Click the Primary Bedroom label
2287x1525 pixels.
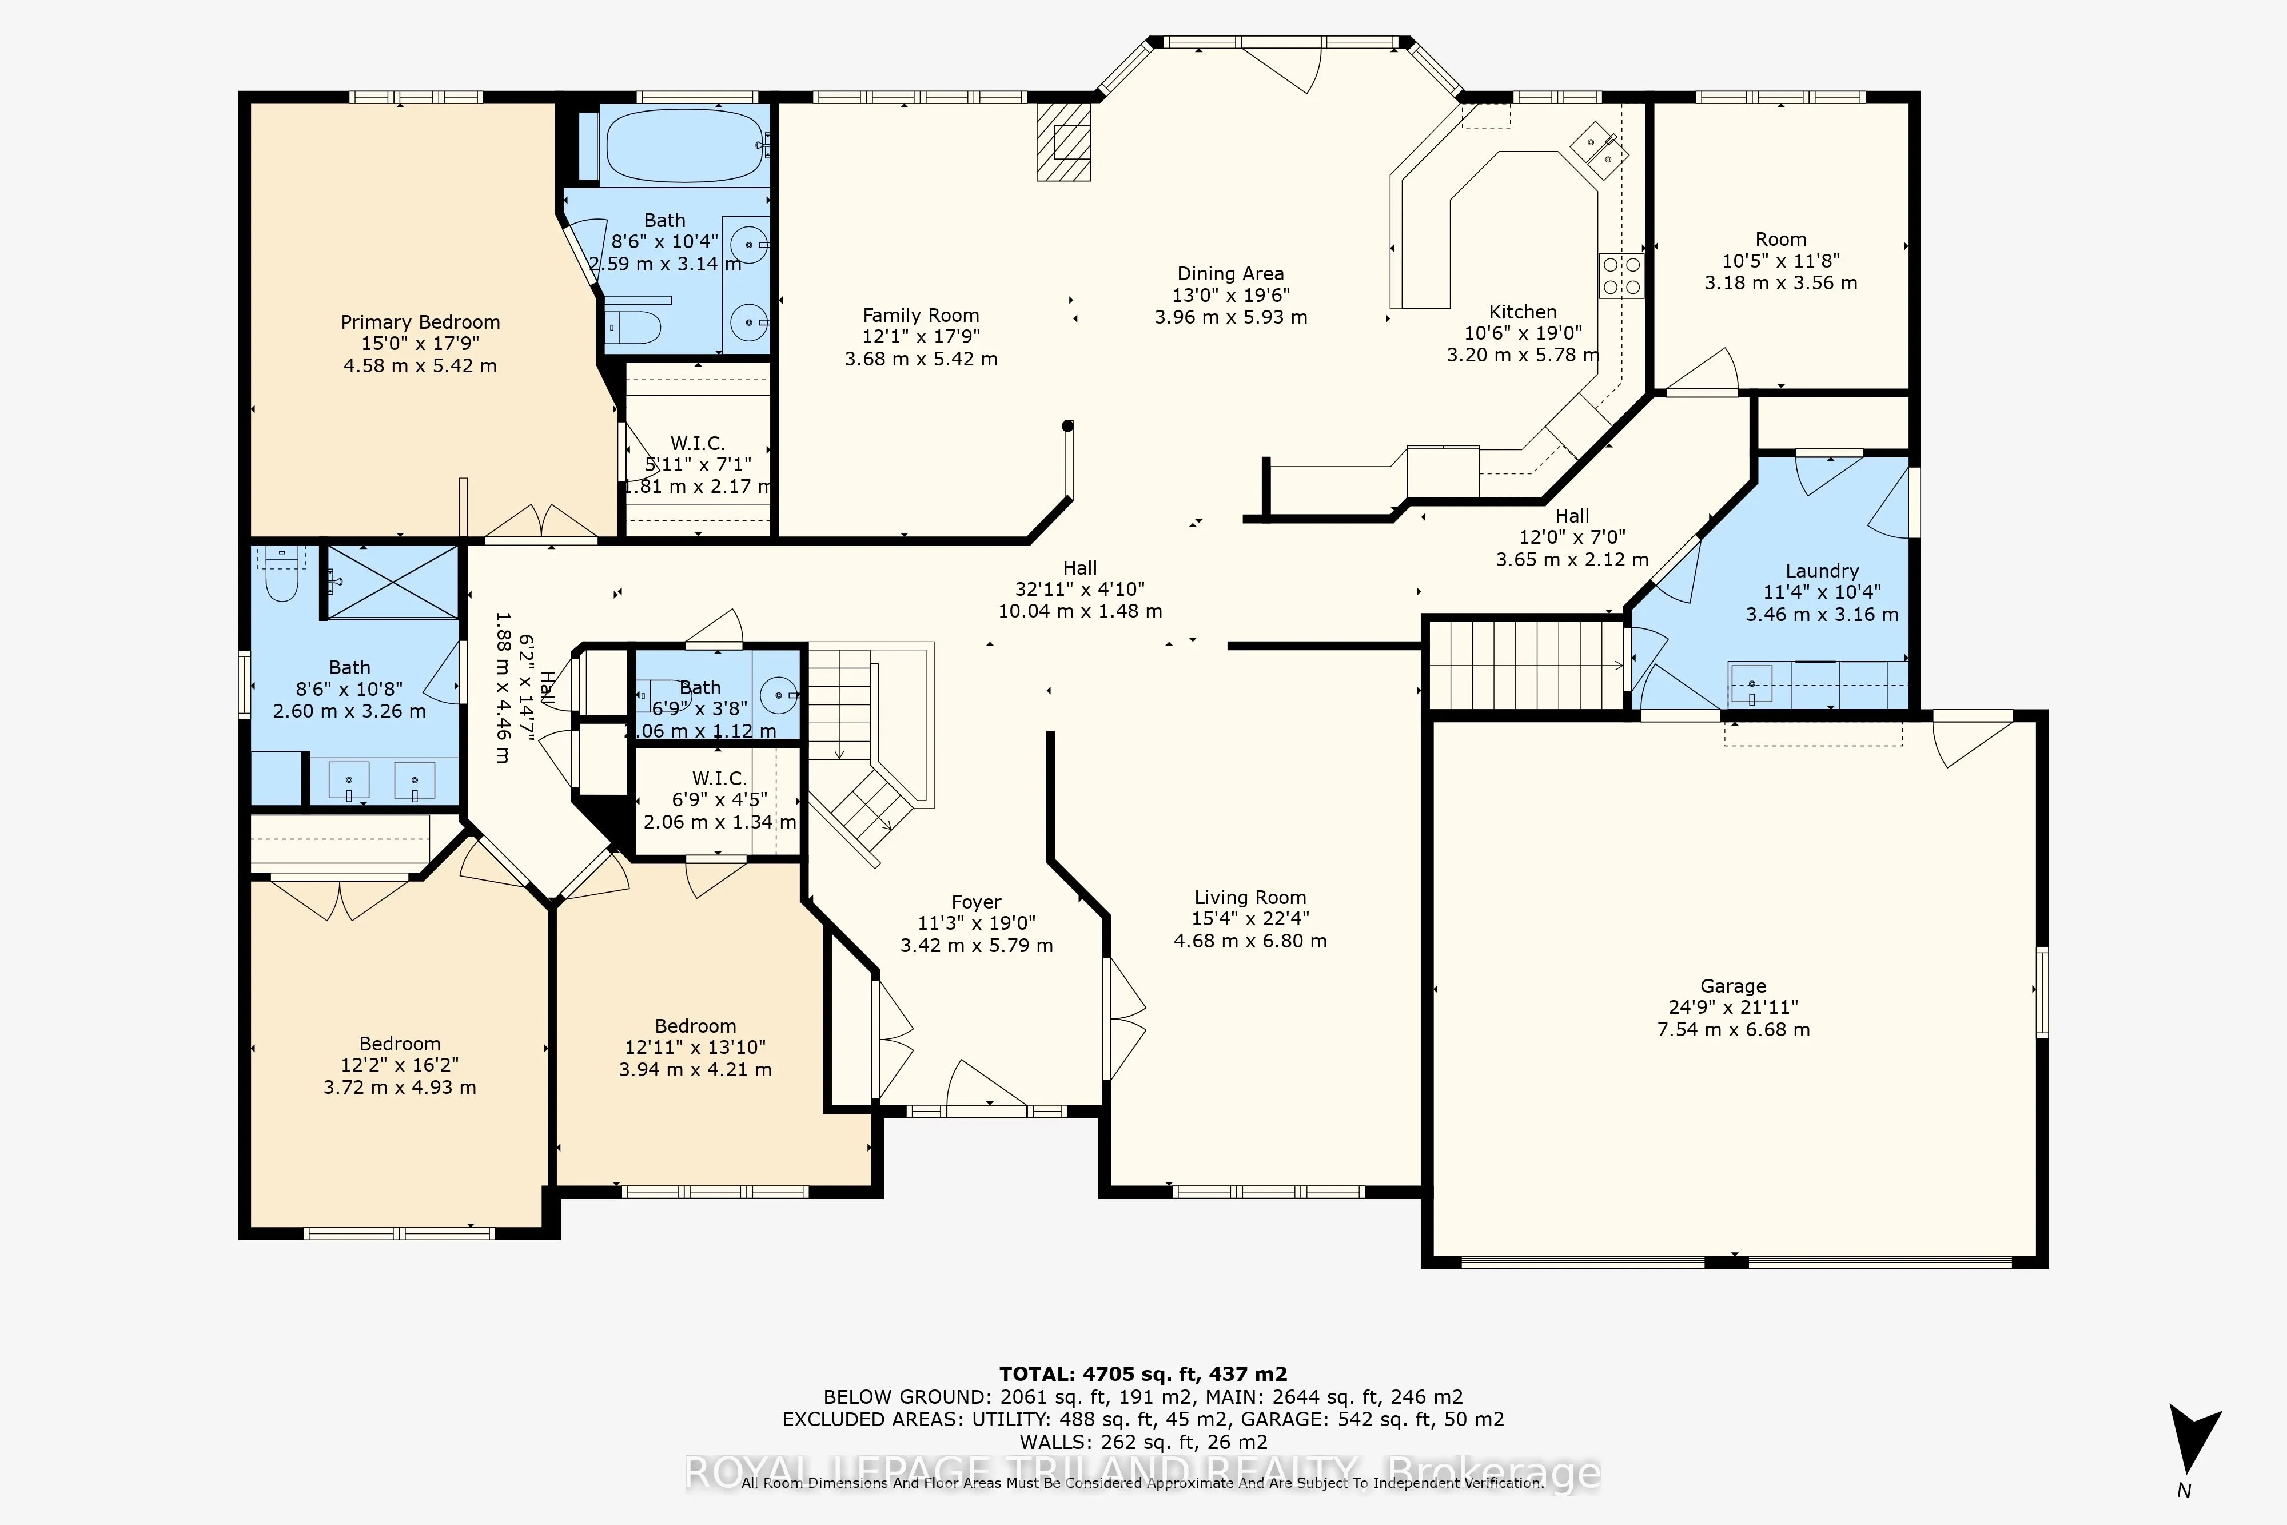pos(420,322)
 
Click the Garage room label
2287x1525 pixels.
pos(1733,985)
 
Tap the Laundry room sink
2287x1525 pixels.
pos(1751,684)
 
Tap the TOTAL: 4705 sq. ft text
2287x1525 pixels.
pos(1142,1374)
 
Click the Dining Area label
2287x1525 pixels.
pos(1230,273)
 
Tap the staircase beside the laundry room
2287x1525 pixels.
pos(1524,665)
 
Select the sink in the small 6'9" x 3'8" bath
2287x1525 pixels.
pos(778,694)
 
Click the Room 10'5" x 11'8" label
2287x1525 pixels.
pos(1780,239)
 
